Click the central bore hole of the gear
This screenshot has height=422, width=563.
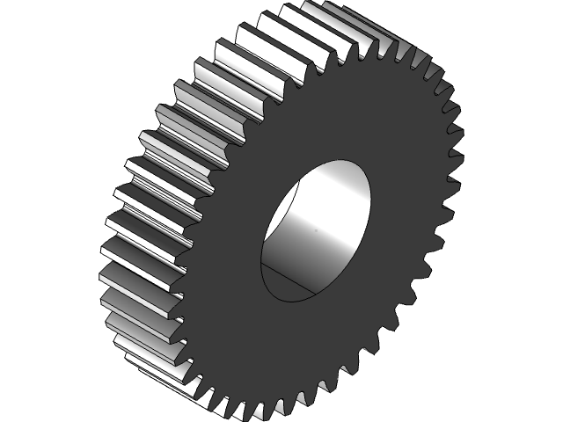[x=315, y=230]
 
